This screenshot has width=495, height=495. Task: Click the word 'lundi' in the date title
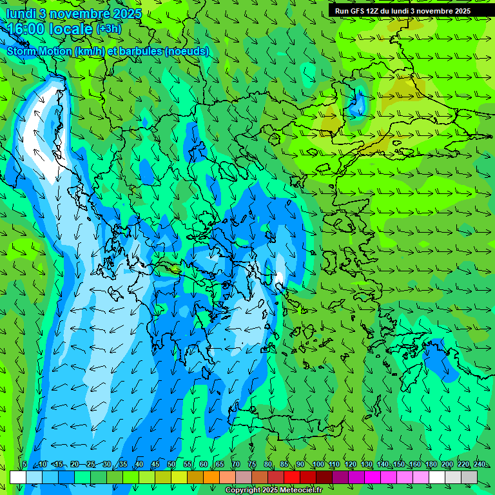tap(21, 14)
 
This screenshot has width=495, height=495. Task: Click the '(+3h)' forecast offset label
tap(108, 28)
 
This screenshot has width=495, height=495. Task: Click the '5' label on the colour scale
tap(24, 465)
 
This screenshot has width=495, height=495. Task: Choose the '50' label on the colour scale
tap(171, 465)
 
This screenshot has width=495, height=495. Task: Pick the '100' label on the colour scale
tap(318, 465)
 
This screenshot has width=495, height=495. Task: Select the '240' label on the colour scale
tap(479, 465)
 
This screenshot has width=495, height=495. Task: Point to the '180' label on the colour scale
tap(431, 465)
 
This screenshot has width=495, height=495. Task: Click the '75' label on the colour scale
tap(251, 465)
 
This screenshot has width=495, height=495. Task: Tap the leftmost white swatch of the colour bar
tap(18, 477)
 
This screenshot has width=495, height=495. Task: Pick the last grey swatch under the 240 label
tap(469, 477)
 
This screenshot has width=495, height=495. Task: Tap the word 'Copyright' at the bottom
tap(242, 490)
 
